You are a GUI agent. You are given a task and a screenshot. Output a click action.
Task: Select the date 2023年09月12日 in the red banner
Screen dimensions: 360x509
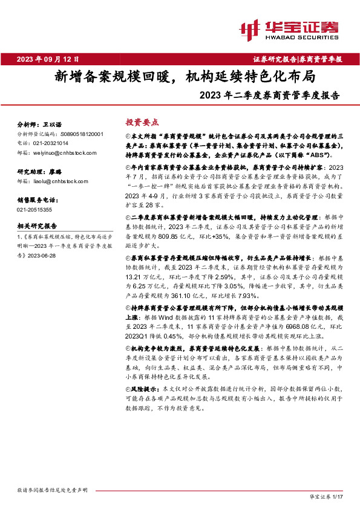pos(48,59)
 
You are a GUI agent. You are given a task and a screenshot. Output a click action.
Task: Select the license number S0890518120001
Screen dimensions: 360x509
pos(81,134)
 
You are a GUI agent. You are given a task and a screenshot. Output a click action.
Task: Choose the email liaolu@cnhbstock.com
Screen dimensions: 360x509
pos(59,181)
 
